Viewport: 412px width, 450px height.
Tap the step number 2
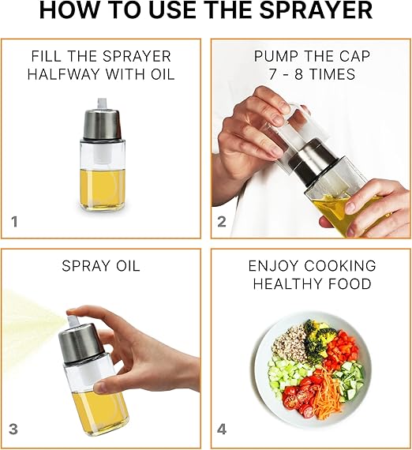tap(222, 222)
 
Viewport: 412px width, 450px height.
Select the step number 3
tap(14, 430)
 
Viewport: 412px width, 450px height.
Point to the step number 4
tap(223, 430)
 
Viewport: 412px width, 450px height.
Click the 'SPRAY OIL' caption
tap(101, 267)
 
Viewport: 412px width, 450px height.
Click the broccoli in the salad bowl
tap(319, 335)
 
